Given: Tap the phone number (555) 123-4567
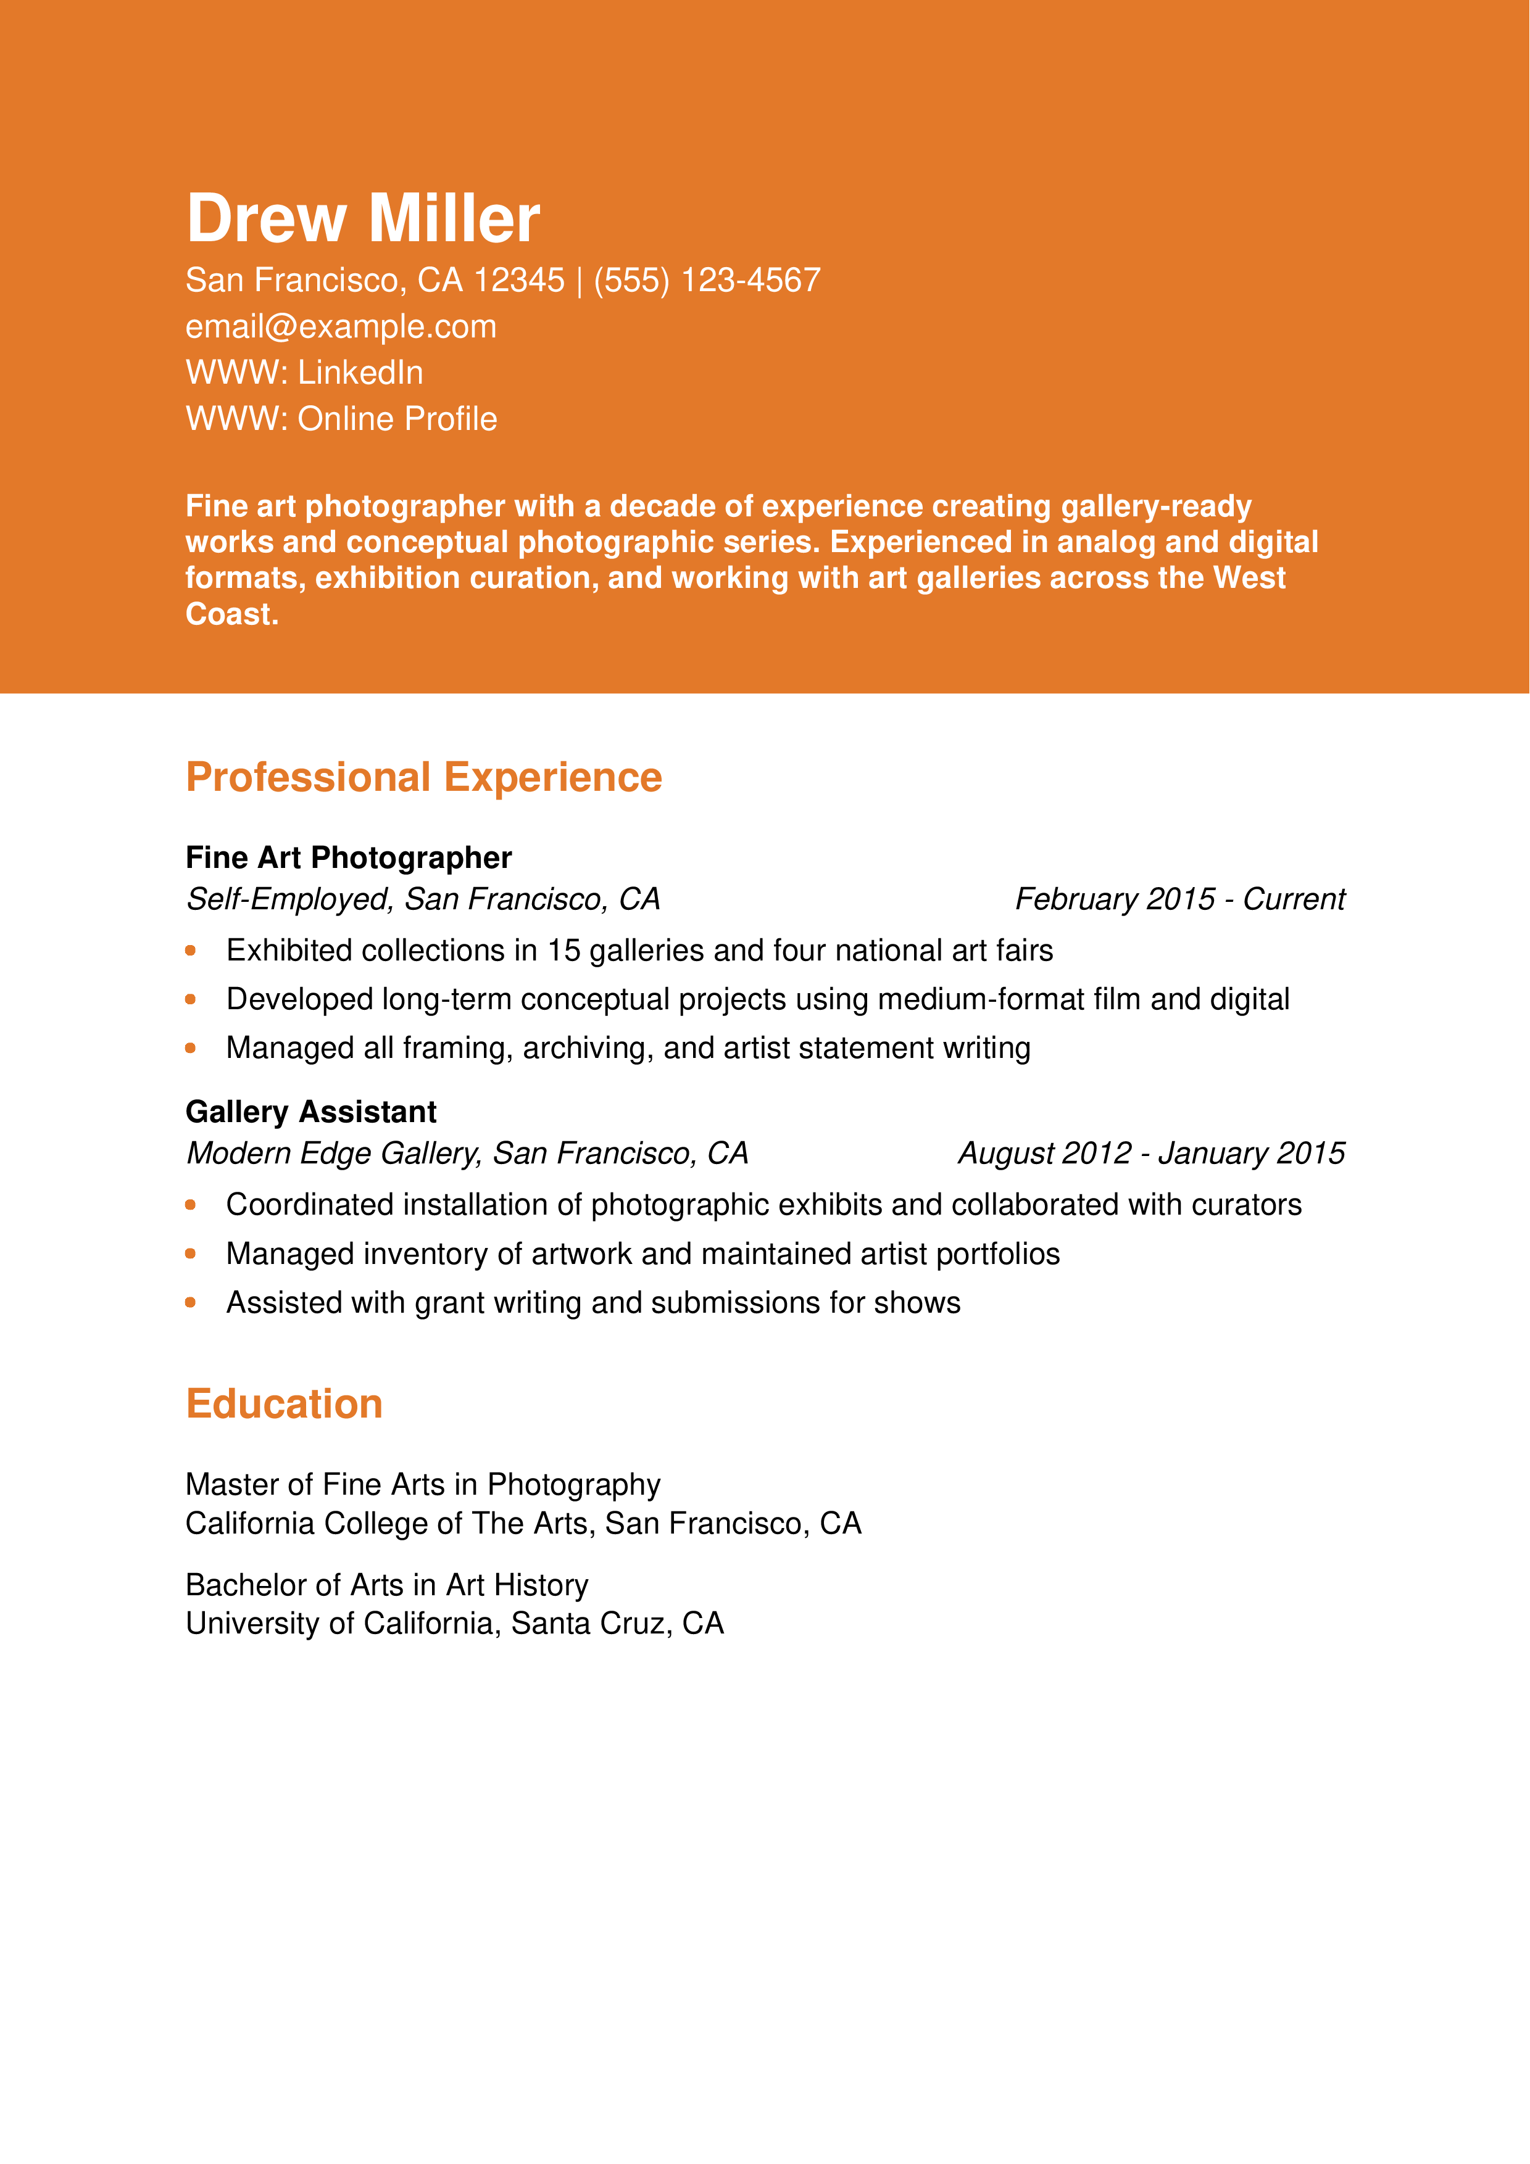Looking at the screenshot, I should point(707,281).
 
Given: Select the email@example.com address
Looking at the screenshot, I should point(340,327).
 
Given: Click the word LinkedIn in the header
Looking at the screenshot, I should point(360,373).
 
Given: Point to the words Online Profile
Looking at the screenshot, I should point(397,419).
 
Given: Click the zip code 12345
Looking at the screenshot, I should point(518,281).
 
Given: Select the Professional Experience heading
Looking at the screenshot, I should point(423,777).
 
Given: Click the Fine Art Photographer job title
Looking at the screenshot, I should point(348,857).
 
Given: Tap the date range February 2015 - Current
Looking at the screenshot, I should point(1179,899).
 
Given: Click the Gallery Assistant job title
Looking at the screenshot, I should point(310,1112).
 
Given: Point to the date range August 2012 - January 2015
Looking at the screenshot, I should point(1151,1154).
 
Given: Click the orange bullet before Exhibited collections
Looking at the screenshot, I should point(191,951).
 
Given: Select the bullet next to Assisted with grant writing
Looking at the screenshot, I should point(191,1303).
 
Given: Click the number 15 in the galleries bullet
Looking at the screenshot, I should point(563,951).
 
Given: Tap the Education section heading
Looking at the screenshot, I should point(284,1405).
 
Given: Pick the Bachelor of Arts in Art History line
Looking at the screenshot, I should point(386,1585).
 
